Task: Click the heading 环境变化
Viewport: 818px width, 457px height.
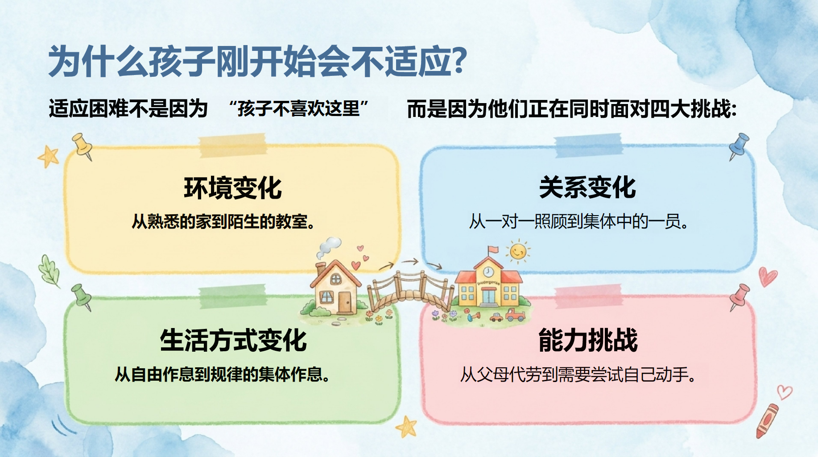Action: pyautogui.click(x=233, y=188)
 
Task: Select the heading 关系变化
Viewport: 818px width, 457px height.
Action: pyautogui.click(x=587, y=187)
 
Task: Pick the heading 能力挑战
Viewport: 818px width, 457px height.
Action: pyautogui.click(x=588, y=340)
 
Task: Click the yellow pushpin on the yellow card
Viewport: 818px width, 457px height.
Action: pyautogui.click(x=83, y=146)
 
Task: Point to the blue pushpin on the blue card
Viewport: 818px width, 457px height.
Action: pyautogui.click(x=739, y=145)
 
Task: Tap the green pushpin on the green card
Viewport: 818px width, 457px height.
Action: pyautogui.click(x=82, y=297)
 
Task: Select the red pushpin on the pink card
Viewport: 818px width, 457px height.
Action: pyautogui.click(x=739, y=297)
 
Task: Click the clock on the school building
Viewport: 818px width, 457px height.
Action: pyautogui.click(x=488, y=271)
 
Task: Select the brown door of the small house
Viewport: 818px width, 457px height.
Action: pyautogui.click(x=344, y=302)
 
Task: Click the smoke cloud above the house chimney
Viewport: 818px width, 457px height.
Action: pyautogui.click(x=329, y=247)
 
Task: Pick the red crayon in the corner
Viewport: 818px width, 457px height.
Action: pyautogui.click(x=767, y=421)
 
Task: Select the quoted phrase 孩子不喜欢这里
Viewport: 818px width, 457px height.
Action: pyautogui.click(x=298, y=108)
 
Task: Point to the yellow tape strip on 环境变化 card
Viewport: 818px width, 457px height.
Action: pyautogui.click(x=232, y=145)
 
